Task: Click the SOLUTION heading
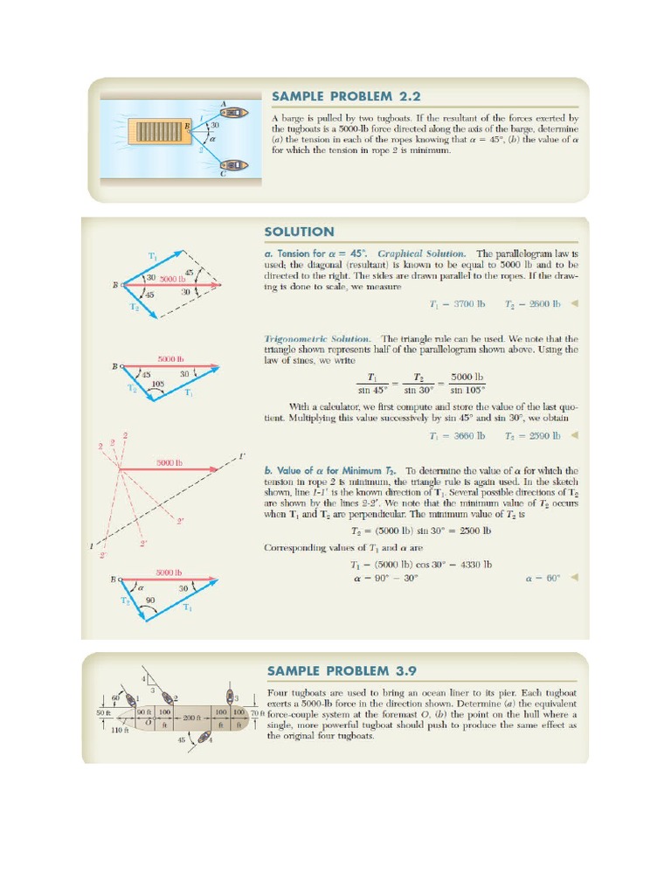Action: [299, 232]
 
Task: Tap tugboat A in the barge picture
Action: [232, 114]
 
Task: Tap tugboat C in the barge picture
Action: [232, 164]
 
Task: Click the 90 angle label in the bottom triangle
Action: [149, 600]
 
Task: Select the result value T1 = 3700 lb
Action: [454, 304]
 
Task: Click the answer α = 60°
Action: [542, 579]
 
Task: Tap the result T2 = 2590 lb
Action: [529, 435]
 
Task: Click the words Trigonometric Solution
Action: [317, 338]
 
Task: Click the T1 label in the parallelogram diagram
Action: [152, 256]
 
